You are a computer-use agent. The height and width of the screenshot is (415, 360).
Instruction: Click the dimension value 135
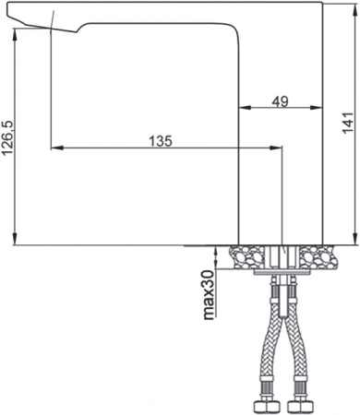pos(161,140)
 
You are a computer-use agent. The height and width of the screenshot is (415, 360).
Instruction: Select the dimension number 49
pos(282,101)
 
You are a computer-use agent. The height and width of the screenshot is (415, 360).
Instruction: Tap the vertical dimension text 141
pos(347,122)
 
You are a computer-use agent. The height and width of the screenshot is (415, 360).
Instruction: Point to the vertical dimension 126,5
pos(8,138)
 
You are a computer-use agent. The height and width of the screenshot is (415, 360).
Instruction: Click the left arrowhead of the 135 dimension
pos(54,148)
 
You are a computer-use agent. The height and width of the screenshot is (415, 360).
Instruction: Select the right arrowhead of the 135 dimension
pos(274,148)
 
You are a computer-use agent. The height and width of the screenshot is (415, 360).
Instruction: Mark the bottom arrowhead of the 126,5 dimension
pos(16,241)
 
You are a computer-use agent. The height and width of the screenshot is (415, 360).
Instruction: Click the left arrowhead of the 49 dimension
pos(245,108)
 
